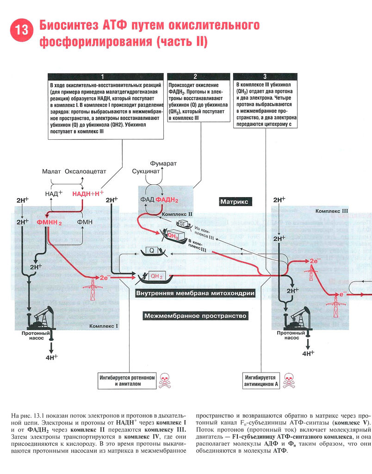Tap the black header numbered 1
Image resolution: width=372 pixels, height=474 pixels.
(x=106, y=76)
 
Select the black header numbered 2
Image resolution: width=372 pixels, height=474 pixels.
(x=196, y=76)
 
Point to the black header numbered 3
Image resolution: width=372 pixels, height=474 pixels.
(x=265, y=76)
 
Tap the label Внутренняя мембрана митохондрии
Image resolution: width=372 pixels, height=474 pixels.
(x=195, y=293)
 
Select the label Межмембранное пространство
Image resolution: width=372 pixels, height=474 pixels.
(x=195, y=316)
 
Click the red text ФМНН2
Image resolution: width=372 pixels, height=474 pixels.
(x=50, y=222)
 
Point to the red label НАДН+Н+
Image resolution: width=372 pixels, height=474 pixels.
(x=88, y=193)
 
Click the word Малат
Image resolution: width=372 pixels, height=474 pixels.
(x=51, y=171)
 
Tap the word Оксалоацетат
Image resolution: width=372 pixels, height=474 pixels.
(x=85, y=171)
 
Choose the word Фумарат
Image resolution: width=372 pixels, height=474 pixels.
(x=163, y=164)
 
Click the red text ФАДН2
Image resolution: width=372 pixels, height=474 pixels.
(x=167, y=200)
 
